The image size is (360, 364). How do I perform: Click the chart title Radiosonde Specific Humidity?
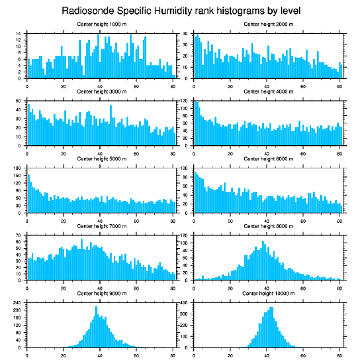[180, 10]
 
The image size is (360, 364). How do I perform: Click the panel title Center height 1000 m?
[102, 24]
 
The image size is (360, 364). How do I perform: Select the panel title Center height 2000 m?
[268, 24]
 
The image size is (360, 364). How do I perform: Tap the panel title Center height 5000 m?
[102, 159]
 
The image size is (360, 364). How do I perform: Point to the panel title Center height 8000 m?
[268, 226]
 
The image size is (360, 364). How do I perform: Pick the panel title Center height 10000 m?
[268, 293]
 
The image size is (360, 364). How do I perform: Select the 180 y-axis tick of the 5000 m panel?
[18, 168]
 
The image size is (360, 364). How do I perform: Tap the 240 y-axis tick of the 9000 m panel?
[18, 303]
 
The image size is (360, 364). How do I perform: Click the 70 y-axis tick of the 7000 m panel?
[19, 236]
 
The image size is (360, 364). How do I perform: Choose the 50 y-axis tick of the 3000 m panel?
[19, 101]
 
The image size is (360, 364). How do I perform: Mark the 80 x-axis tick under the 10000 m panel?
[339, 354]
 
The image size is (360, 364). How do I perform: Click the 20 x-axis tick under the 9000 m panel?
[64, 354]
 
